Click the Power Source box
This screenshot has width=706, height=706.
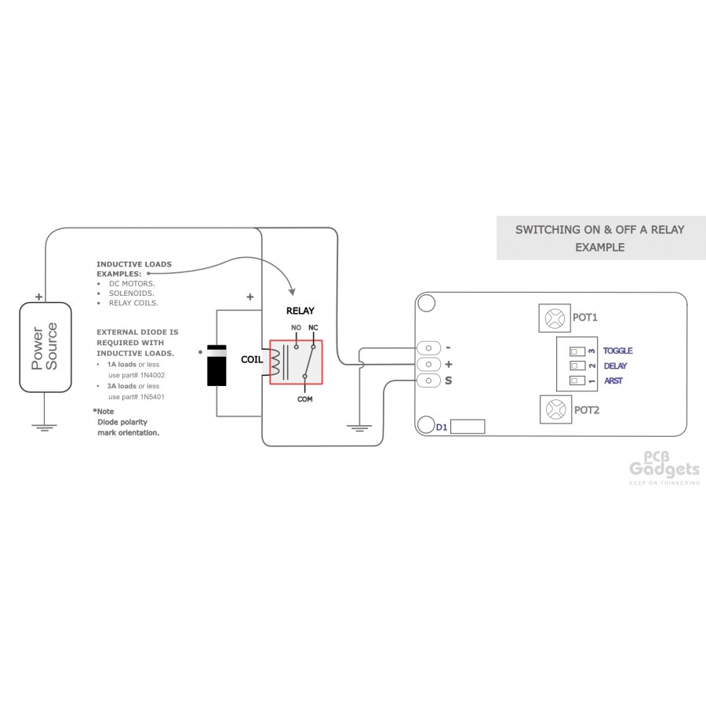45,348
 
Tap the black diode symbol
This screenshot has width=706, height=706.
217,365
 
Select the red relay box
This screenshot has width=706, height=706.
296,362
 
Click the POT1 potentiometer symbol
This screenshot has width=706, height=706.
555,318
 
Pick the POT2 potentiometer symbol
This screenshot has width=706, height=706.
555,409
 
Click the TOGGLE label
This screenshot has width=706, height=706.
618,351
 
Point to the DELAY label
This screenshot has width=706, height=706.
616,366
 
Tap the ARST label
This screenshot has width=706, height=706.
613,381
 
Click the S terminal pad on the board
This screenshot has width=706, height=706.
428,381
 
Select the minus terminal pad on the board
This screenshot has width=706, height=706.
428,348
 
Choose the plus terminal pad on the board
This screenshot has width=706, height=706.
428,364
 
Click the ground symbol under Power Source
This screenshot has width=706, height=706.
44,428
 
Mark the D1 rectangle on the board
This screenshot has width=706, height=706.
468,427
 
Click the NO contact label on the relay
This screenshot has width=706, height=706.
296,328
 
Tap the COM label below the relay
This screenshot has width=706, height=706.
305,399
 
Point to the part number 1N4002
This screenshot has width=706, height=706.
152,375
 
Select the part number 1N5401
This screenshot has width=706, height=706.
152,397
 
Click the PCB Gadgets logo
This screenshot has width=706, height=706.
664,468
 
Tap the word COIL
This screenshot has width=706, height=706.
252,360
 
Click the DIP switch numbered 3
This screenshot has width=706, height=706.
577,351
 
